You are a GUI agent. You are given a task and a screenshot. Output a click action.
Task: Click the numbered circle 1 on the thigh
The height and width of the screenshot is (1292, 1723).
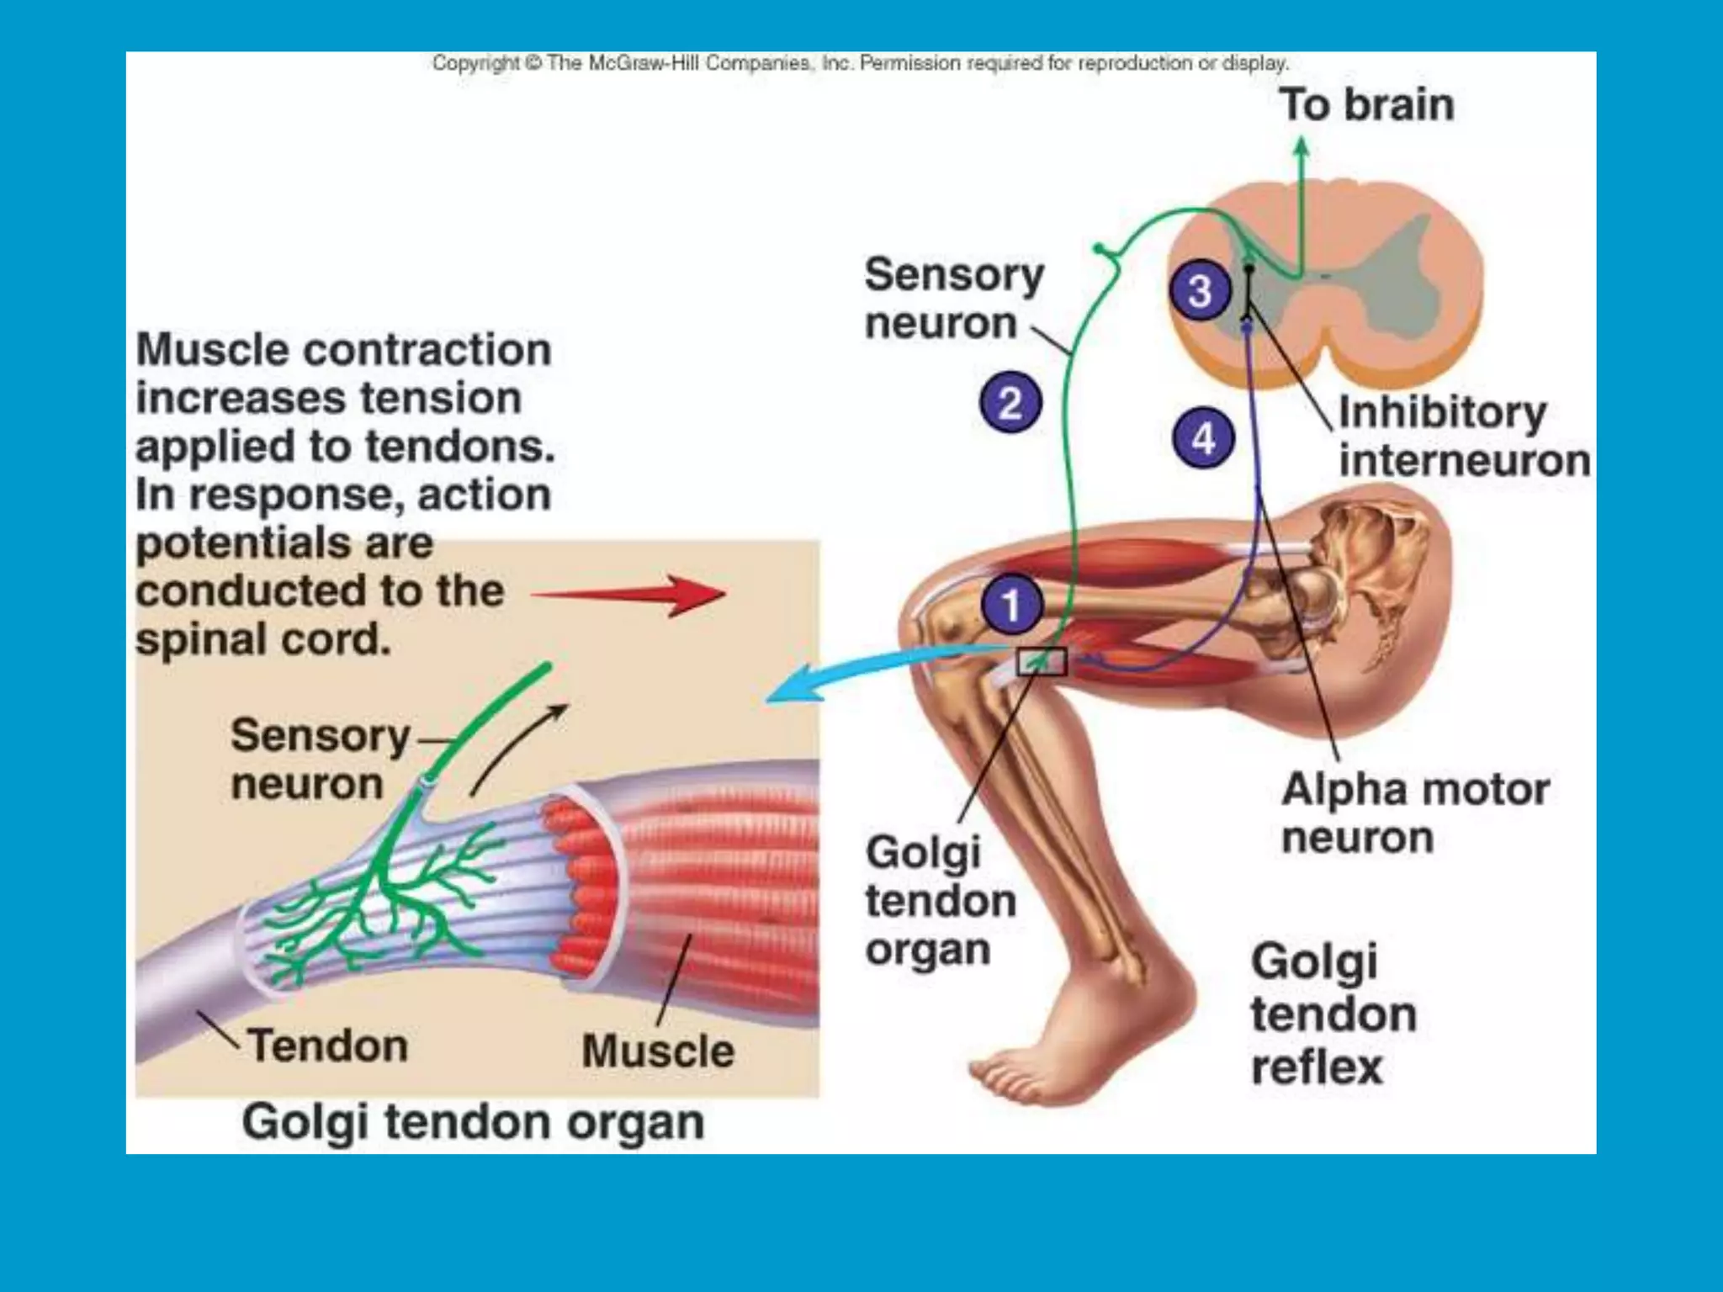(1011, 604)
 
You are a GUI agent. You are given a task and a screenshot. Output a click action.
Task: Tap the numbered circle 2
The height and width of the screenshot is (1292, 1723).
(1010, 402)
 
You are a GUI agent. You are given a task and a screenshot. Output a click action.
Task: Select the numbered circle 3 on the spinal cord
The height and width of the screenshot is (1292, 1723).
(1200, 291)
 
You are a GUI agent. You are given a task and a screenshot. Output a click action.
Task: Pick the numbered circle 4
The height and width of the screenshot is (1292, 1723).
(1204, 437)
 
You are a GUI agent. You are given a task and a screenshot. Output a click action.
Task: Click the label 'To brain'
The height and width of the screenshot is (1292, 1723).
(1367, 105)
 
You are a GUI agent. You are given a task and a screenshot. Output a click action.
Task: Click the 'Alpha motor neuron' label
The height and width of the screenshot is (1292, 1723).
(1415, 813)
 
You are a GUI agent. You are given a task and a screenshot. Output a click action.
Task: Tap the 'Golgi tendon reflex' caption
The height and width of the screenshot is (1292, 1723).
(1333, 1014)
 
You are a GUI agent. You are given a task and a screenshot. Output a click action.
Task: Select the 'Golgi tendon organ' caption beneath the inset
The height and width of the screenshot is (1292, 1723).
(473, 1121)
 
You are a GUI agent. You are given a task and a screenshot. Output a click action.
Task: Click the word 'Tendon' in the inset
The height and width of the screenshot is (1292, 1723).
(328, 1046)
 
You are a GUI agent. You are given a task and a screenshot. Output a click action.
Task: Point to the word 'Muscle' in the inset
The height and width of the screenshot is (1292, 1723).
(658, 1051)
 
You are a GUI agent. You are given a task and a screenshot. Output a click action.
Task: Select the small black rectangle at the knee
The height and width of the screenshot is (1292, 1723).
(1042, 661)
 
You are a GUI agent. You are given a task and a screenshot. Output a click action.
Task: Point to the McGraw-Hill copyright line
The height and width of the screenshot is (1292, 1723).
(860, 63)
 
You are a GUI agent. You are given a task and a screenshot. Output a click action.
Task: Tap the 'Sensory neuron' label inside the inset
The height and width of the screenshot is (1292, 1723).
(320, 759)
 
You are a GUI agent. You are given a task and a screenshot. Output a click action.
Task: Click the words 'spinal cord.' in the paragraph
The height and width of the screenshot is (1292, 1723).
(263, 639)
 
